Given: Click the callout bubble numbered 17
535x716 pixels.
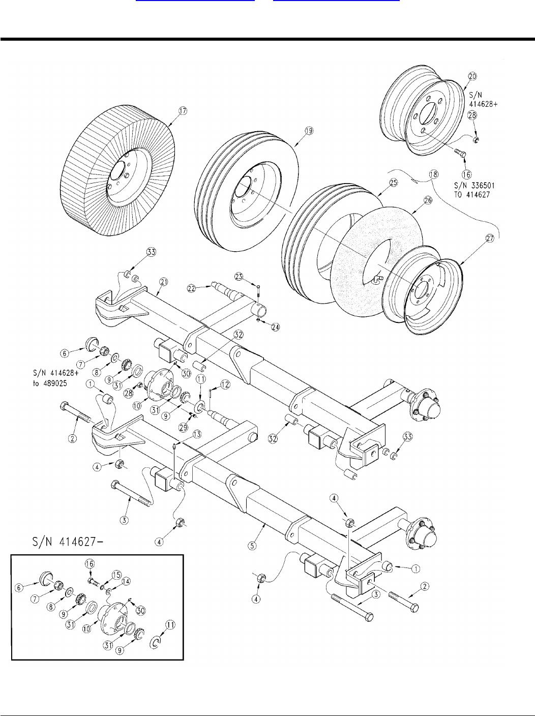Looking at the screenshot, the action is (183, 111).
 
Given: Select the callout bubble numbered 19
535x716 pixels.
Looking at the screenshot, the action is (309, 131).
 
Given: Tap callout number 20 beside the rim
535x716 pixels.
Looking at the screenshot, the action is (472, 76).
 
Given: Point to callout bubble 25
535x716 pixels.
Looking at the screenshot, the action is (394, 183).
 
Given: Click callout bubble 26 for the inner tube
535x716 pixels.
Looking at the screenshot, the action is (428, 200).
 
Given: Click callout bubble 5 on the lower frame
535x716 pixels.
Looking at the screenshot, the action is (252, 546).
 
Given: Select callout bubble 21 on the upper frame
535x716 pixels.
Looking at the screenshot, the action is (164, 282).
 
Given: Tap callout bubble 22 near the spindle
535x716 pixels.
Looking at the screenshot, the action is (192, 288).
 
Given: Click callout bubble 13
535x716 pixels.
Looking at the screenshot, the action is (197, 434).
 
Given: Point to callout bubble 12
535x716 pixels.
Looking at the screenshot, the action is (225, 384).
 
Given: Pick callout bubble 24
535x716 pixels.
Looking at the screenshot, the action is (276, 327).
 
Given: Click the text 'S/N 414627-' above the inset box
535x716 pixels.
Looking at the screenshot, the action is (68, 542).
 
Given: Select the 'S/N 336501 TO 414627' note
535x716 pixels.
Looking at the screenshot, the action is (474, 190).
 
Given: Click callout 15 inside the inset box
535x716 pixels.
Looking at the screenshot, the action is (116, 575).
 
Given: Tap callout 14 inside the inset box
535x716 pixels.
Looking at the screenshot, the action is (126, 581).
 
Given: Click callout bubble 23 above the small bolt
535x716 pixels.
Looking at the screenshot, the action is (239, 277).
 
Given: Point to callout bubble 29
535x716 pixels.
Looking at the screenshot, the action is (184, 427).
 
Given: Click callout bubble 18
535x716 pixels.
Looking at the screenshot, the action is (434, 174).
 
